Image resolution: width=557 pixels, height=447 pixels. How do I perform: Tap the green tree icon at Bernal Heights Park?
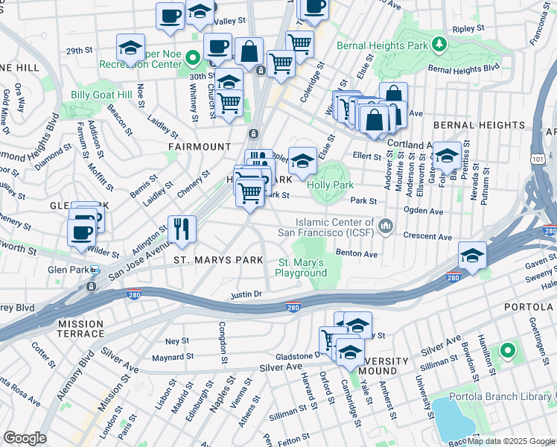440,42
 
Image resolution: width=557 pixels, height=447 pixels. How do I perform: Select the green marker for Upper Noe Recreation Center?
191,57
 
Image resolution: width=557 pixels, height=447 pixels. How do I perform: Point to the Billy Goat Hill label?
101,95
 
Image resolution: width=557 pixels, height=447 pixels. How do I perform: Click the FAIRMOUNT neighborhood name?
194,147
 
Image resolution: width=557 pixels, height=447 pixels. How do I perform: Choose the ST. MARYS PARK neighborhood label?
218,260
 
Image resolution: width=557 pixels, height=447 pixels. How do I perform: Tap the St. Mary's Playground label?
302,267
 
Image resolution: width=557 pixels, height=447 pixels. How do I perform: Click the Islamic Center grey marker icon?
386,225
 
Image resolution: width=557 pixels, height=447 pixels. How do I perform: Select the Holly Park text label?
334,170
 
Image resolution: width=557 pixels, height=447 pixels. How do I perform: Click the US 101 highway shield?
538,159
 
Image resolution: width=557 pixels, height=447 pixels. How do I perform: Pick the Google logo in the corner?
25,437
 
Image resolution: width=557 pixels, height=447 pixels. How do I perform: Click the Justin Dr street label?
248,294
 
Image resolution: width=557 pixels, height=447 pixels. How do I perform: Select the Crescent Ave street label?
427,236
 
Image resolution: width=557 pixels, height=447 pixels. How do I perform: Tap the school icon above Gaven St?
471,255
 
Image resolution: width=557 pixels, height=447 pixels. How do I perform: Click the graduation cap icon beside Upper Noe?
131,48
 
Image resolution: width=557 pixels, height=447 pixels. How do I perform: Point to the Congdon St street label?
222,343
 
